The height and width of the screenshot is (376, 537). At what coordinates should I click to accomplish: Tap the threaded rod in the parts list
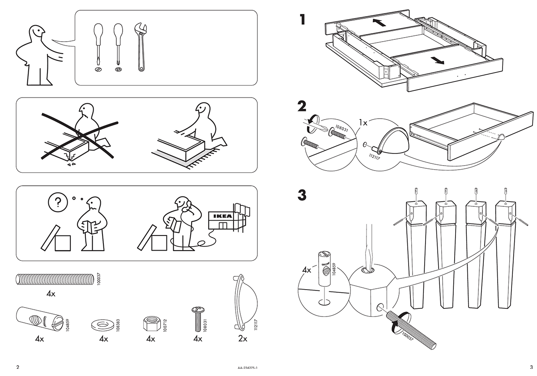tap(54, 279)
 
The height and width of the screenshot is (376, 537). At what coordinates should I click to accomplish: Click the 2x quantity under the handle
tap(243, 339)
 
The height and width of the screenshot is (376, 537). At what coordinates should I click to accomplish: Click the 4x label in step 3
tap(307, 270)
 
